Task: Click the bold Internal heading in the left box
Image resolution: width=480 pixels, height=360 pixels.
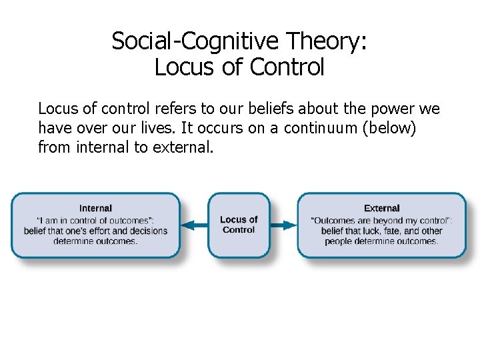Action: (x=95, y=208)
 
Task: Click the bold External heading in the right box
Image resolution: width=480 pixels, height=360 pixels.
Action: (x=382, y=208)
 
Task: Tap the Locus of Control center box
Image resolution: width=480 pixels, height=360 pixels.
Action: (x=239, y=225)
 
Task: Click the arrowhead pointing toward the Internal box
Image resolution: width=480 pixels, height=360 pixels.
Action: (x=187, y=225)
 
